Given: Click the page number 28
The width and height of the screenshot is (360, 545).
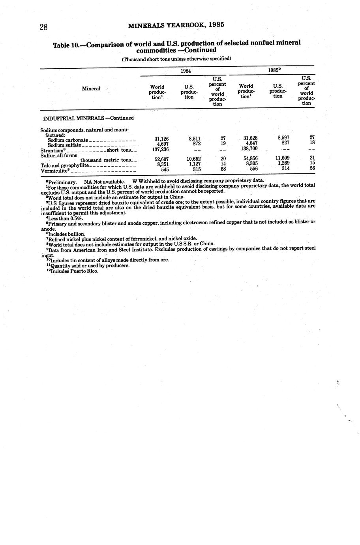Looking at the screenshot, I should (43, 27).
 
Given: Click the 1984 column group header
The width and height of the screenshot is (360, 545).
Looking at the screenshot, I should (186, 71).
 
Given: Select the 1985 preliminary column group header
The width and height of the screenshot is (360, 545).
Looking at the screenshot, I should (274, 70).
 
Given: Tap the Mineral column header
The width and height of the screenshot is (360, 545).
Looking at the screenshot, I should (91, 88).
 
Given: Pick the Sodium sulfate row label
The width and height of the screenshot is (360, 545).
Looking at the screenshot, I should (64, 145).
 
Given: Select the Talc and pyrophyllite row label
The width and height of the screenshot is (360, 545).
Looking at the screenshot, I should (65, 165).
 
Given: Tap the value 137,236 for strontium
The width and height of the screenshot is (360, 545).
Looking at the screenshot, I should (160, 149).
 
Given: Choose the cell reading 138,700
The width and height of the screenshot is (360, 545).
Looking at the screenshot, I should (249, 148).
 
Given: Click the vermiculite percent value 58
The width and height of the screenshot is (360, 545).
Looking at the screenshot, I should (223, 169).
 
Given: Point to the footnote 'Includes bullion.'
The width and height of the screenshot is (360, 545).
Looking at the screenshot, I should (66, 234).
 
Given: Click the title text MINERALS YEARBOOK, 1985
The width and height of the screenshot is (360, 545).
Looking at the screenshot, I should (176, 25).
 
